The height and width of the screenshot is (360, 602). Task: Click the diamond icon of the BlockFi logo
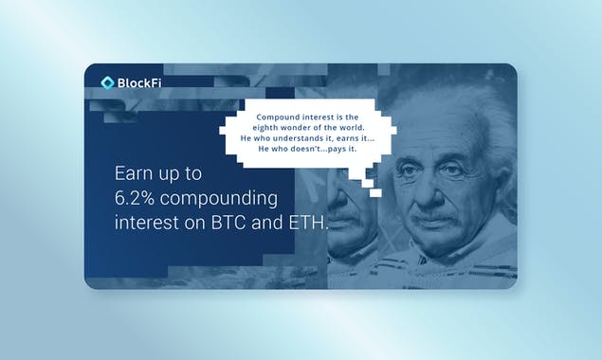107,82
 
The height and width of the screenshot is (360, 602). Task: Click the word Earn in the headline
132,175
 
